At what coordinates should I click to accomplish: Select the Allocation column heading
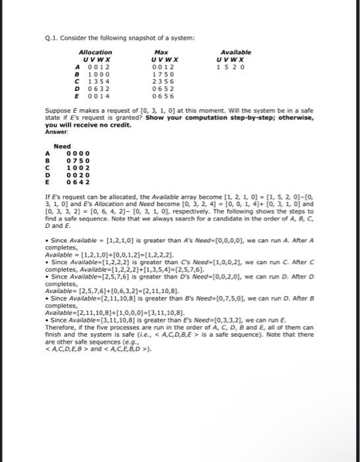click(95, 52)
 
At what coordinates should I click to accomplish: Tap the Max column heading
click(161, 52)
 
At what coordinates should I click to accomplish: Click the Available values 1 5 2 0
click(231, 67)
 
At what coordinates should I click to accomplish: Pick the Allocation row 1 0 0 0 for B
click(88, 75)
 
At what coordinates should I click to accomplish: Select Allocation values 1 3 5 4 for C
click(88, 82)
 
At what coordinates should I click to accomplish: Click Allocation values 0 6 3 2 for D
click(88, 89)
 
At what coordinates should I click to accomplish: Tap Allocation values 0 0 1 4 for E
click(88, 96)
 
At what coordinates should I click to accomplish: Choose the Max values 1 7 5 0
click(161, 75)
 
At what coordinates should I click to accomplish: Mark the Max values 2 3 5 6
click(161, 82)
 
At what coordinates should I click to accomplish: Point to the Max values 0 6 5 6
click(161, 96)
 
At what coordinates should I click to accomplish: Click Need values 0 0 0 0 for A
click(78, 153)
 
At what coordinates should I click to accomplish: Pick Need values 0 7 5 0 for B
click(78, 160)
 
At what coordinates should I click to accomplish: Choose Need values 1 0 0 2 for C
click(78, 168)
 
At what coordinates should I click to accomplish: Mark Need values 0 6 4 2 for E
click(78, 182)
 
